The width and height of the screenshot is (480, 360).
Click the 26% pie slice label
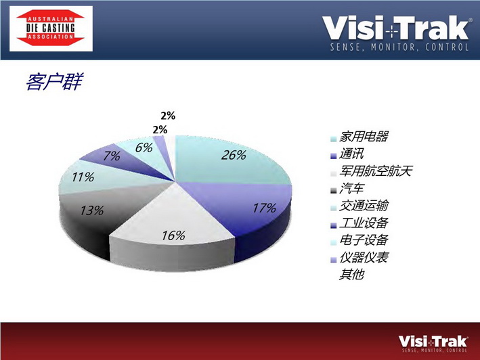(x=234, y=155)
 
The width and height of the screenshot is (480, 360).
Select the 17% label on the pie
(x=264, y=208)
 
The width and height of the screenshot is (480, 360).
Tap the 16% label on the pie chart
(x=173, y=235)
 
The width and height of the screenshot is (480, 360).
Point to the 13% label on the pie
(x=92, y=210)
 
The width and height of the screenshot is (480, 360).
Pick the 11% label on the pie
(x=83, y=177)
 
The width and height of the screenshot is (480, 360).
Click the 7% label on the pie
(x=112, y=156)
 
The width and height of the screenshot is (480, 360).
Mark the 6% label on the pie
(x=144, y=148)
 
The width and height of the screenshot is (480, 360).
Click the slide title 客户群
(x=54, y=82)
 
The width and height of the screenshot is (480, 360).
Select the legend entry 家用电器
(x=364, y=137)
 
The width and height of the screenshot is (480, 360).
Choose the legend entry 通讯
(x=351, y=154)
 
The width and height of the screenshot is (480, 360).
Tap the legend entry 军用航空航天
(x=376, y=171)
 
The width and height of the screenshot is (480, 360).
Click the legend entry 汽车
(x=351, y=188)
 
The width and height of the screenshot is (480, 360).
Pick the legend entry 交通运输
(x=364, y=206)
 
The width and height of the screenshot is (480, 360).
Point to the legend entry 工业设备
(x=364, y=223)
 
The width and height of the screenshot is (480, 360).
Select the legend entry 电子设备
(x=364, y=240)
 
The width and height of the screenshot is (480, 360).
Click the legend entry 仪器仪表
(x=364, y=257)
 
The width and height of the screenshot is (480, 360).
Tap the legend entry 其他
(x=351, y=274)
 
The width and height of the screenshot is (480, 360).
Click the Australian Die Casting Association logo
(x=51, y=28)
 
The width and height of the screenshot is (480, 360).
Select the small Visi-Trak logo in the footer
(x=433, y=344)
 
